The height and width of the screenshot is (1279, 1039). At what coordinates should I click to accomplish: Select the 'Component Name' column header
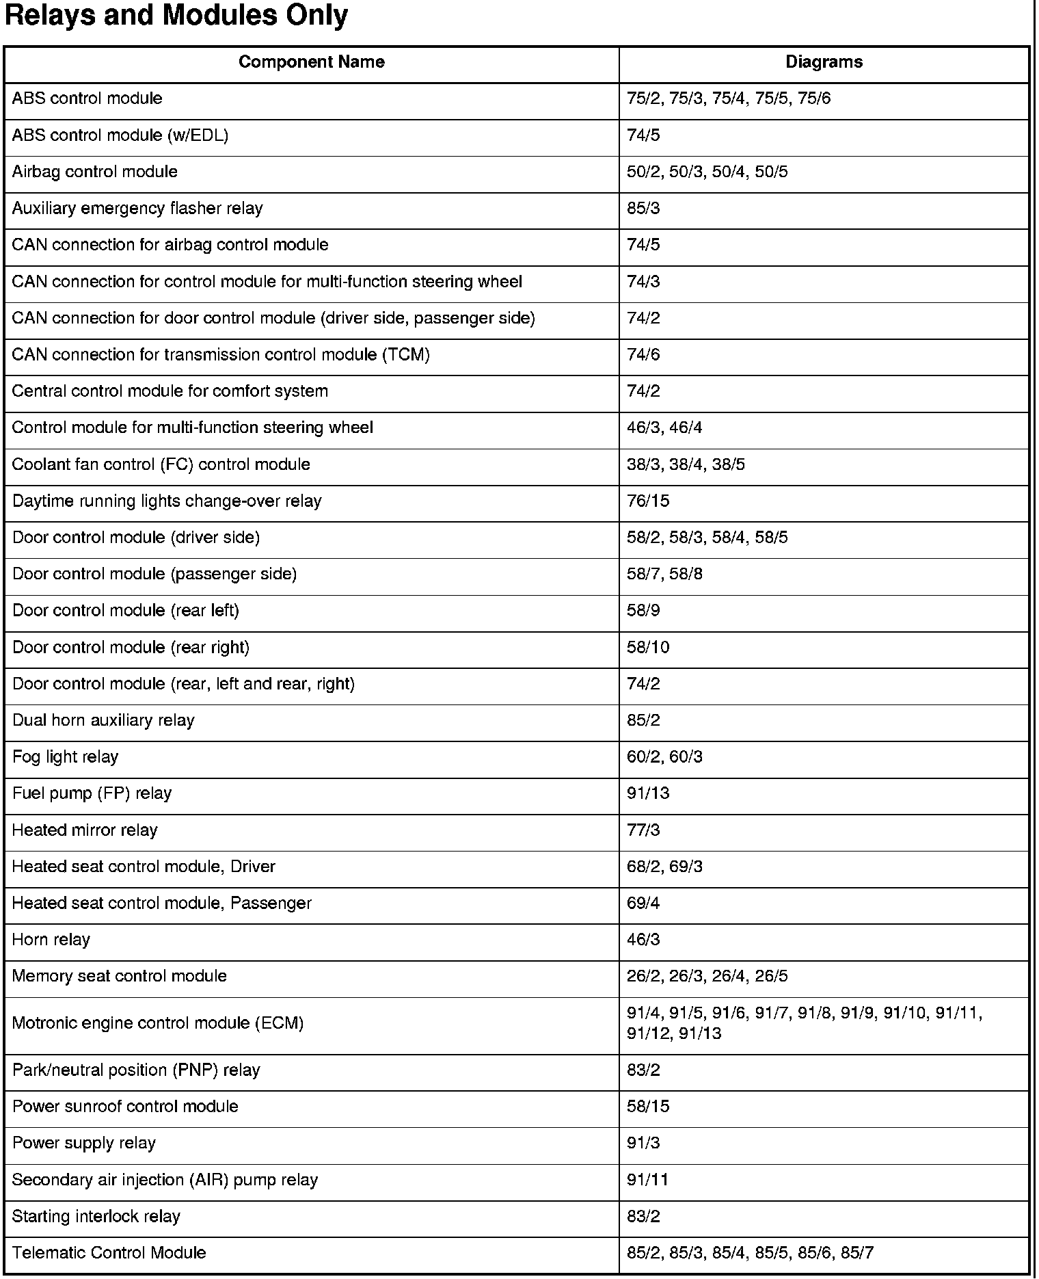[311, 62]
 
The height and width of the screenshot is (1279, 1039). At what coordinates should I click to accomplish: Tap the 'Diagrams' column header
[824, 62]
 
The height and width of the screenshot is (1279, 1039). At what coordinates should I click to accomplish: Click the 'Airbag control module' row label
[95, 172]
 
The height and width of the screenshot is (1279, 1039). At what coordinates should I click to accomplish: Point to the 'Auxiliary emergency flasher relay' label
[137, 209]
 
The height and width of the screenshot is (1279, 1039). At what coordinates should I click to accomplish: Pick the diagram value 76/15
[648, 501]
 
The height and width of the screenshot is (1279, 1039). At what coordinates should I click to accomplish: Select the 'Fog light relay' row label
[66, 757]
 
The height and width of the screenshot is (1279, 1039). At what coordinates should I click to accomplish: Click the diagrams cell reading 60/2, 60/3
[664, 757]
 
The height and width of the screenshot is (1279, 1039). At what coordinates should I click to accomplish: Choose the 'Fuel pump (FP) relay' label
[92, 793]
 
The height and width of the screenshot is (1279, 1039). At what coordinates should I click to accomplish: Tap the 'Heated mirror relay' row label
[85, 830]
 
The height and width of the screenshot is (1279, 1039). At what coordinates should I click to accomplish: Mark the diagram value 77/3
[643, 830]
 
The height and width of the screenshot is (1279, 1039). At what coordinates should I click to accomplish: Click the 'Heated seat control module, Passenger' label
[162, 904]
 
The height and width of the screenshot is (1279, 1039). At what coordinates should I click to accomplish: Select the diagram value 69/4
[643, 904]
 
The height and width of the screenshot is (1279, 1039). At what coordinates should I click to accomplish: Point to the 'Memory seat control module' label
[120, 976]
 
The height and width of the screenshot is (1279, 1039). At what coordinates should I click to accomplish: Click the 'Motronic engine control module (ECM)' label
[158, 1024]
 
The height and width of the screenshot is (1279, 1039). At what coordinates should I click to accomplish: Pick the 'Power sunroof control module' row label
[126, 1107]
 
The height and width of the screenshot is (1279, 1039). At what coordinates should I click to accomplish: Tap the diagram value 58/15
[648, 1107]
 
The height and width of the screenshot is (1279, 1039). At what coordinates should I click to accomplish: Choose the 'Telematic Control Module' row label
[109, 1253]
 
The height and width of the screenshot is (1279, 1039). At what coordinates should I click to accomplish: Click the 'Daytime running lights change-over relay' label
[167, 501]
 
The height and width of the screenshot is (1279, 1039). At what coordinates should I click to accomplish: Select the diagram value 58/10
[648, 648]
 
